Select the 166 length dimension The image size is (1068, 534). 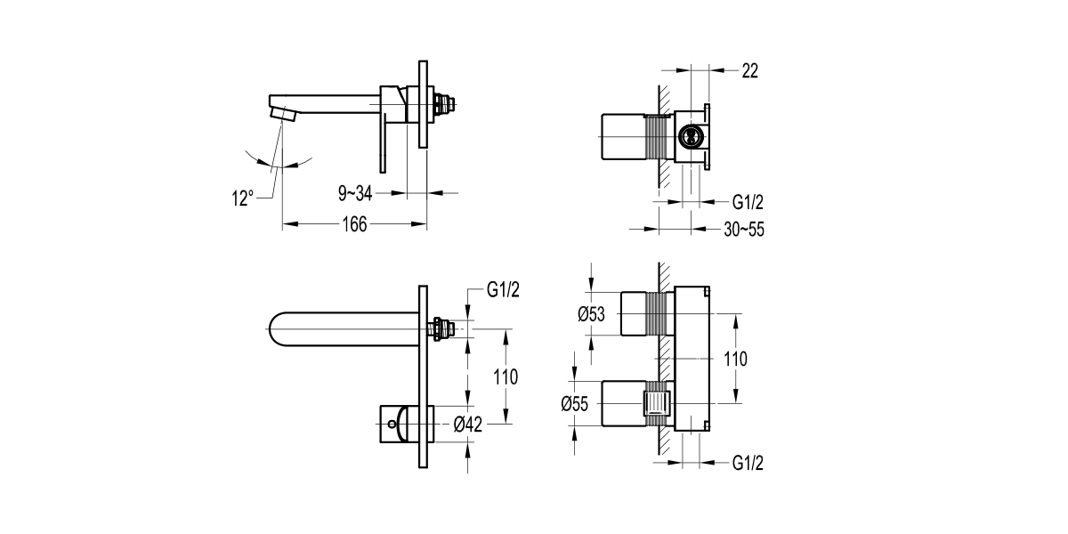pos(355,224)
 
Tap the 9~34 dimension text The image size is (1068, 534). pos(355,192)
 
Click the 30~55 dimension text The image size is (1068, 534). pos(744,230)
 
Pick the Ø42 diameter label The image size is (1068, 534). pos(467,425)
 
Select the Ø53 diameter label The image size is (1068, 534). pos(592,313)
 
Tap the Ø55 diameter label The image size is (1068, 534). pos(577,403)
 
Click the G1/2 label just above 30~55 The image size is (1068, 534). pos(748,202)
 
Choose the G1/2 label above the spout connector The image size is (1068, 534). pos(503,290)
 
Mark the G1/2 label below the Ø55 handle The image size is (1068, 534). pos(748,463)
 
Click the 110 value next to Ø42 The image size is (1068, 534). pos(506,376)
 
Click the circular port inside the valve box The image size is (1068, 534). pos(688,136)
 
